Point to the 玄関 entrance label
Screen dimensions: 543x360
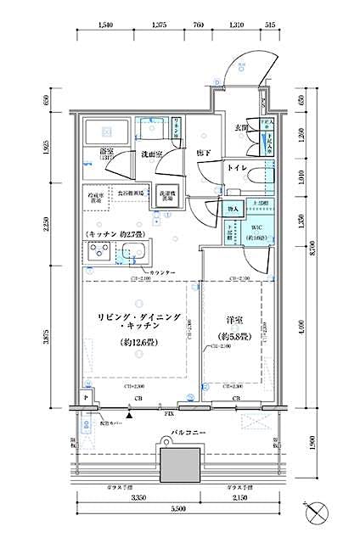pyautogui.click(x=241, y=128)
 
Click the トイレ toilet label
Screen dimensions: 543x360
pyautogui.click(x=236, y=169)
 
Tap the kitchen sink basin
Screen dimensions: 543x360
pyautogui.click(x=134, y=252)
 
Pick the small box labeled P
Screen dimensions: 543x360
pyautogui.click(x=87, y=395)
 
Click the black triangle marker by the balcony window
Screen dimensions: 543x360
pyautogui.click(x=129, y=415)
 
